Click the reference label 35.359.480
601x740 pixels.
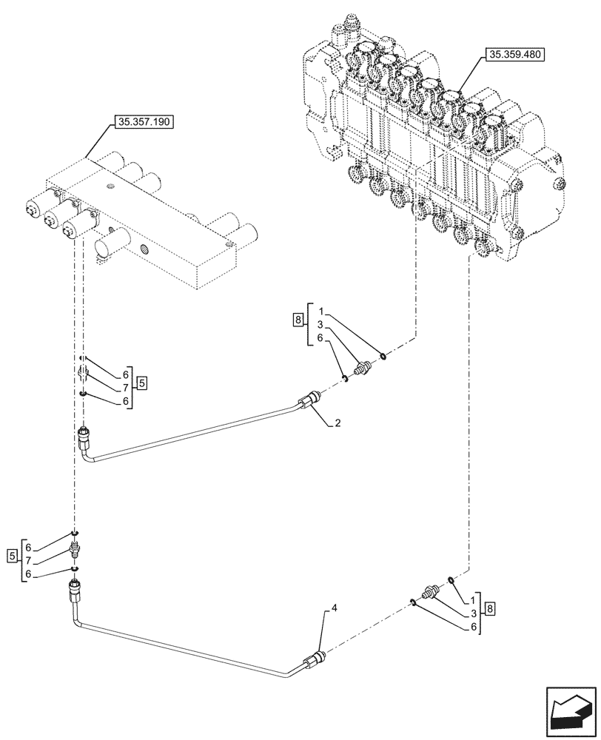tap(514, 55)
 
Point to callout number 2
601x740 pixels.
tap(337, 423)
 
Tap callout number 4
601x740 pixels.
tap(334, 608)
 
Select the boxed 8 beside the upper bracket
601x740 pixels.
tap(298, 320)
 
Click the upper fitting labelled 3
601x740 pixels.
tap(363, 368)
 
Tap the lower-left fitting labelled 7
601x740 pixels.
tap(74, 550)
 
